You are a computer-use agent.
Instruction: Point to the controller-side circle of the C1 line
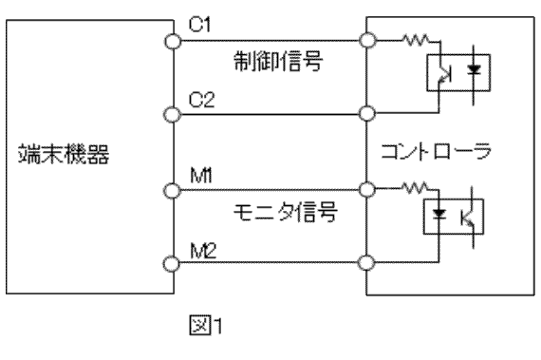tap(365, 41)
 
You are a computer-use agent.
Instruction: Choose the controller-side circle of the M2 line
tap(365, 262)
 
